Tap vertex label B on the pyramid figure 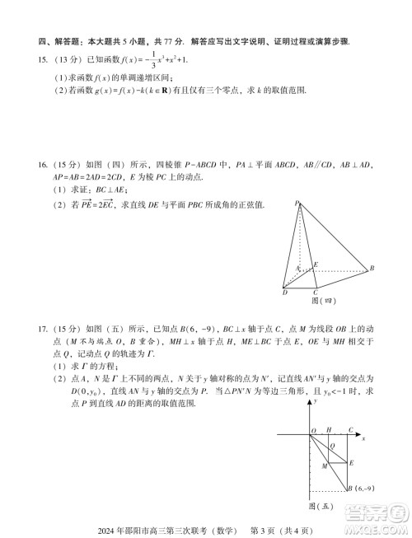372,269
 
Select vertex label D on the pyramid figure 284,292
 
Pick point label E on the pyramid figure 316,264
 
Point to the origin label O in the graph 313,431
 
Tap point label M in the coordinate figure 324,467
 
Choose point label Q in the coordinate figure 332,445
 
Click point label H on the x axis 329,430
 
